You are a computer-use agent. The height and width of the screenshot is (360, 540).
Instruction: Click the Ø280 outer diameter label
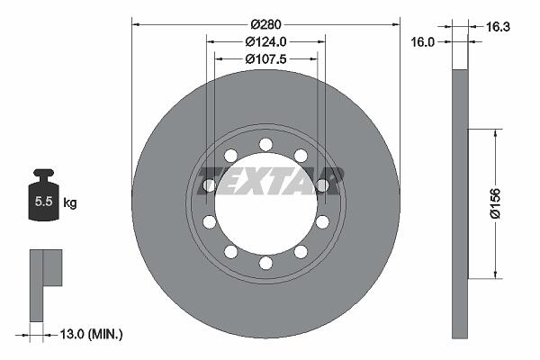[x=265, y=24]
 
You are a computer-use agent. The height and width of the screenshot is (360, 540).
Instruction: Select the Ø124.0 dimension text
[x=265, y=41]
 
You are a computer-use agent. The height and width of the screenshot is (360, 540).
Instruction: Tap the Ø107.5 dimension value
[x=265, y=59]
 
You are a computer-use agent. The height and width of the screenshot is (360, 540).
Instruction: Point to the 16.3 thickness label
[x=498, y=26]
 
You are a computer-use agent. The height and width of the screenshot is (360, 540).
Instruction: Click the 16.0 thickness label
[x=423, y=42]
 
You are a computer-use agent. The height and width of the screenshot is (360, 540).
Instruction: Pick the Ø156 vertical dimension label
[x=495, y=203]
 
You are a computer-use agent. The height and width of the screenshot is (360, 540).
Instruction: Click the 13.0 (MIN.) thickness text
[x=91, y=334]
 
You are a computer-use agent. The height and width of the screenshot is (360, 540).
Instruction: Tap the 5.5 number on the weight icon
[x=43, y=202]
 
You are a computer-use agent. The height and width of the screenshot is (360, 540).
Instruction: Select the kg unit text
[x=70, y=202]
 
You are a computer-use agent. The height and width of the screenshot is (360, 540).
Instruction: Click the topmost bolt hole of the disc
[x=265, y=145]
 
